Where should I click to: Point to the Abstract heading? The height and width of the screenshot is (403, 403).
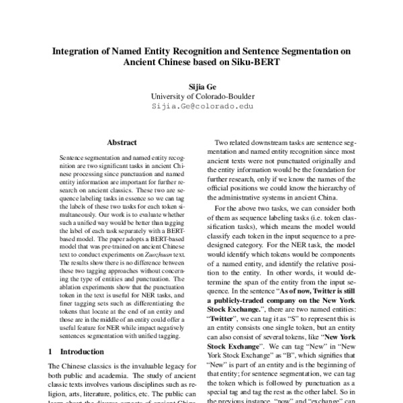[x=122, y=142]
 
